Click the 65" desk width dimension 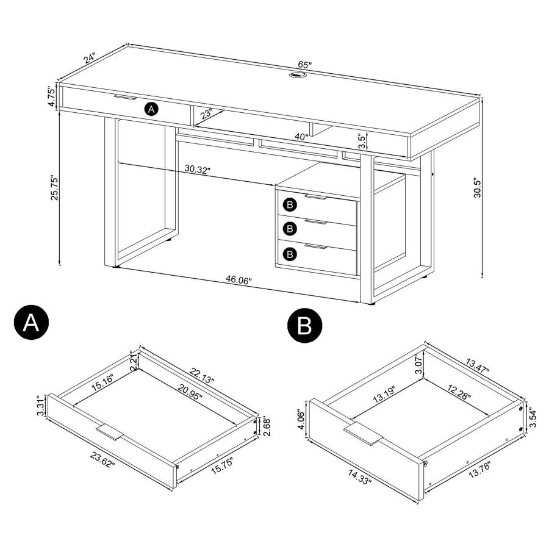point(305,65)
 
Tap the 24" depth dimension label point(90,59)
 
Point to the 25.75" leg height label point(54,190)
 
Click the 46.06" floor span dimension point(239,279)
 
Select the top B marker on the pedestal point(290,203)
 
